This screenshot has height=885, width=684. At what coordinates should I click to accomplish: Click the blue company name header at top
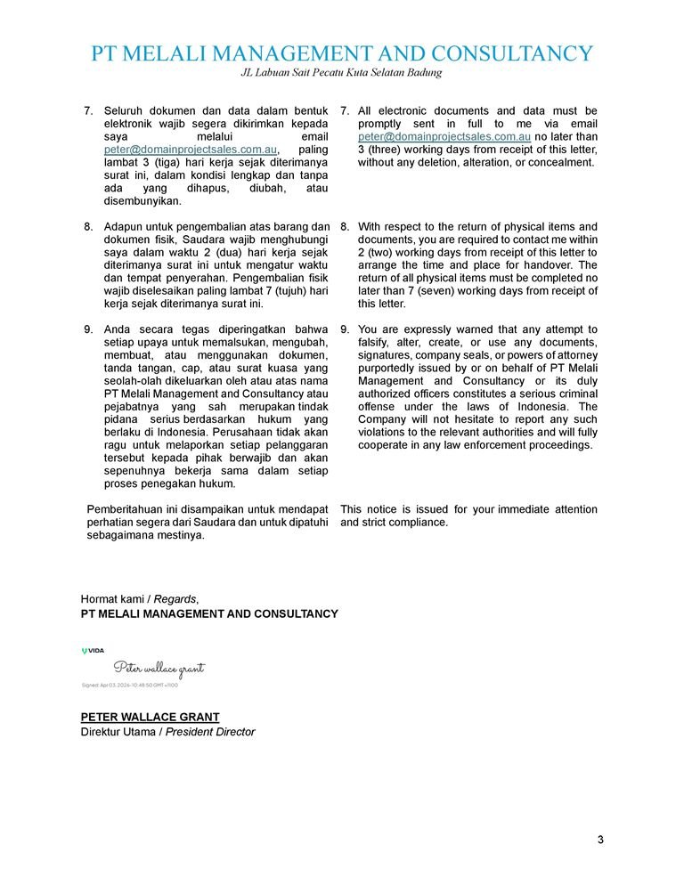coord(342,53)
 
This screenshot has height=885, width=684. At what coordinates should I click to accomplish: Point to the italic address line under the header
coord(342,72)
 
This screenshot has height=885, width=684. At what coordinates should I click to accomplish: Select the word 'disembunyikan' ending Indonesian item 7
coord(143,201)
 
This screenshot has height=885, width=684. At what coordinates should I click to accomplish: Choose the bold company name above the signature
coord(209,613)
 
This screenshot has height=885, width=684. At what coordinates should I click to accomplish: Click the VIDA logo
coord(93,651)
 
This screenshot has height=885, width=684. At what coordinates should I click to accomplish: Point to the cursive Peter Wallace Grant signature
coord(159,668)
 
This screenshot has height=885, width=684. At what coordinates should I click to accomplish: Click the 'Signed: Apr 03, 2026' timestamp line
coord(130,686)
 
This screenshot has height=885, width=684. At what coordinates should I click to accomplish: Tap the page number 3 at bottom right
coord(600,840)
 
